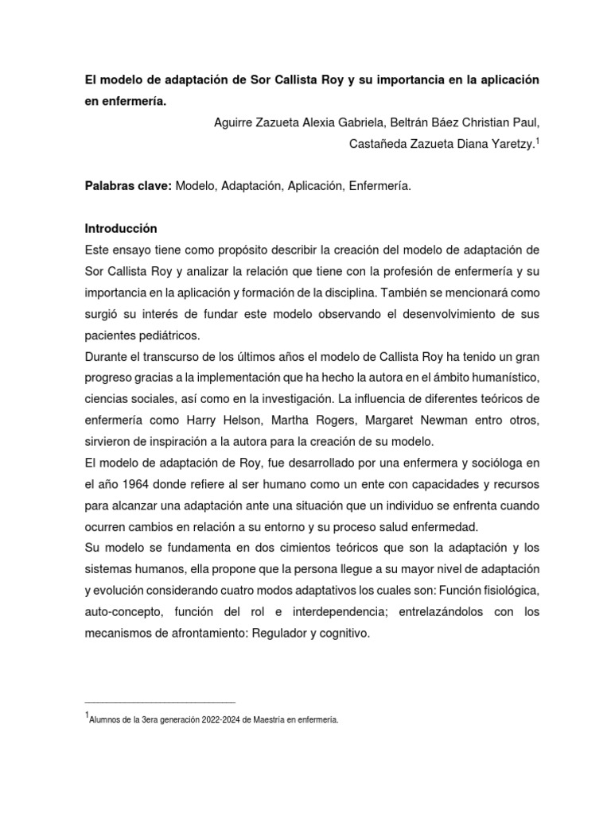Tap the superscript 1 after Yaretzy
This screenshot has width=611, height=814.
pos(538,139)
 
